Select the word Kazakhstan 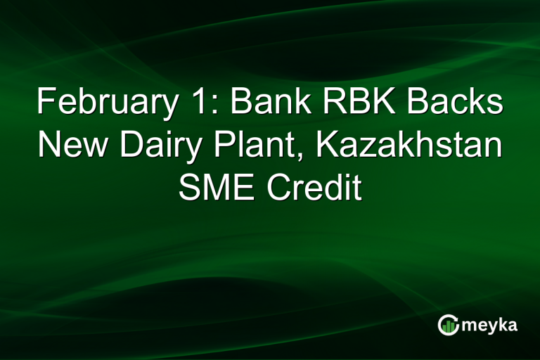tap(408, 146)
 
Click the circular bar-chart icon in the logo tap(448, 324)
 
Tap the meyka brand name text tap(489, 326)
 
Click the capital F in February tap(46, 103)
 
